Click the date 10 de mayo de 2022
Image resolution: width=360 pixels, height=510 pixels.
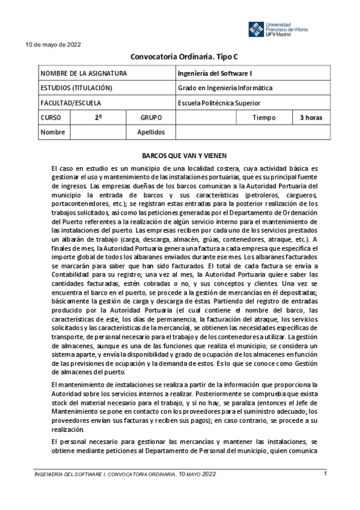click(x=52, y=45)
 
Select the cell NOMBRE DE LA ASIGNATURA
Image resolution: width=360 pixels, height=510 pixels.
click(x=84, y=73)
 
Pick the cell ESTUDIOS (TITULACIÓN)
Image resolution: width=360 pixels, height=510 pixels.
click(x=76, y=88)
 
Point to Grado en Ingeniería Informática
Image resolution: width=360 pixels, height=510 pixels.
click(x=225, y=88)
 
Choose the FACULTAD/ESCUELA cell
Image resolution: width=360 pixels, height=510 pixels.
click(x=71, y=102)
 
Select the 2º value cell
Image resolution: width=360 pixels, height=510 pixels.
click(x=97, y=117)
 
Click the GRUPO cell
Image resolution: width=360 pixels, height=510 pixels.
click(x=150, y=117)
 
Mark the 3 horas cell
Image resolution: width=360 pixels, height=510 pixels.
click(x=311, y=117)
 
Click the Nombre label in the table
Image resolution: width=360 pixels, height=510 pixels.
click(x=52, y=132)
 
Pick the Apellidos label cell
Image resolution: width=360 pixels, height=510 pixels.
click(x=150, y=132)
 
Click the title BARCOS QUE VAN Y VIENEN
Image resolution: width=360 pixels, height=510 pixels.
click(x=180, y=155)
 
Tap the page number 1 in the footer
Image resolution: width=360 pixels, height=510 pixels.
click(x=325, y=474)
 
